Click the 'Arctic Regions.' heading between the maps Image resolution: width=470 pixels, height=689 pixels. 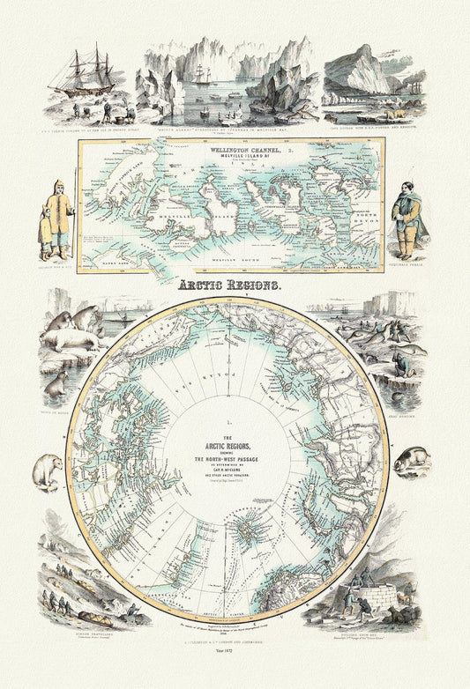pos(232,286)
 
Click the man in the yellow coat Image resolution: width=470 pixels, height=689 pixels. pos(59,211)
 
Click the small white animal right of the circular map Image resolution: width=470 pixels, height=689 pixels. pos(411,459)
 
